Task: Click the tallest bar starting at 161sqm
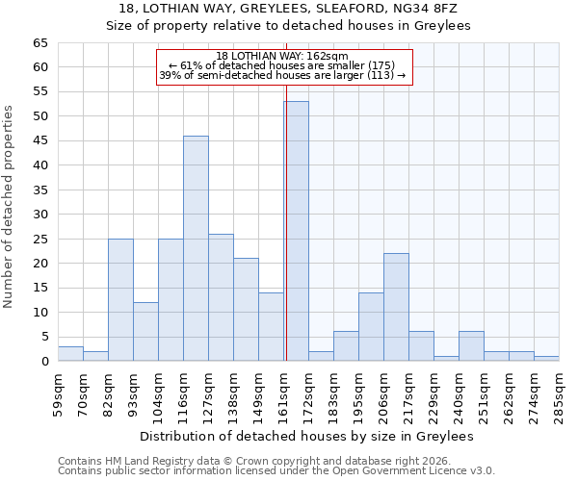296,231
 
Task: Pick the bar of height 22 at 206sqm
396,307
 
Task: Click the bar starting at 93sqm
145,332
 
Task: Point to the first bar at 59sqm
70,354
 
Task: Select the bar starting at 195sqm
371,327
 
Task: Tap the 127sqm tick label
208,392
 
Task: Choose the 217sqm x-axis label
408,392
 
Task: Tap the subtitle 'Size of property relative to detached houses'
288,26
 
